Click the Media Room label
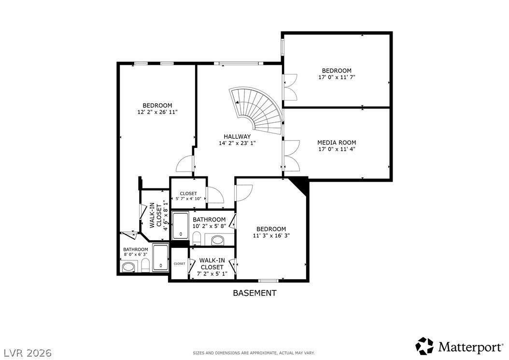point(337,143)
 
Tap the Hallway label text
point(237,136)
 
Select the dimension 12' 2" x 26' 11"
point(157,112)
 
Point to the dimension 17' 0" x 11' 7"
point(337,77)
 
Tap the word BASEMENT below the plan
point(255,293)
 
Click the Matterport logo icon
point(424,346)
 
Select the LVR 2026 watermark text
point(28,353)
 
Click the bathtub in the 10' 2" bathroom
point(180,226)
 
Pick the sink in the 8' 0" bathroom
point(128,267)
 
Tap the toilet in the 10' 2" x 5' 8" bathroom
point(197,239)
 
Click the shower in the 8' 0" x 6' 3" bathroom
point(161,258)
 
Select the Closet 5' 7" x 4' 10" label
point(188,196)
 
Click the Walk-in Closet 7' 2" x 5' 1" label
point(212,267)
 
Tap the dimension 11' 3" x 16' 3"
point(271,235)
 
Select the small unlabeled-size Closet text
point(180,263)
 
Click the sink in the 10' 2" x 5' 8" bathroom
point(218,241)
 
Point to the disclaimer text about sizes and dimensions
point(254,353)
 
